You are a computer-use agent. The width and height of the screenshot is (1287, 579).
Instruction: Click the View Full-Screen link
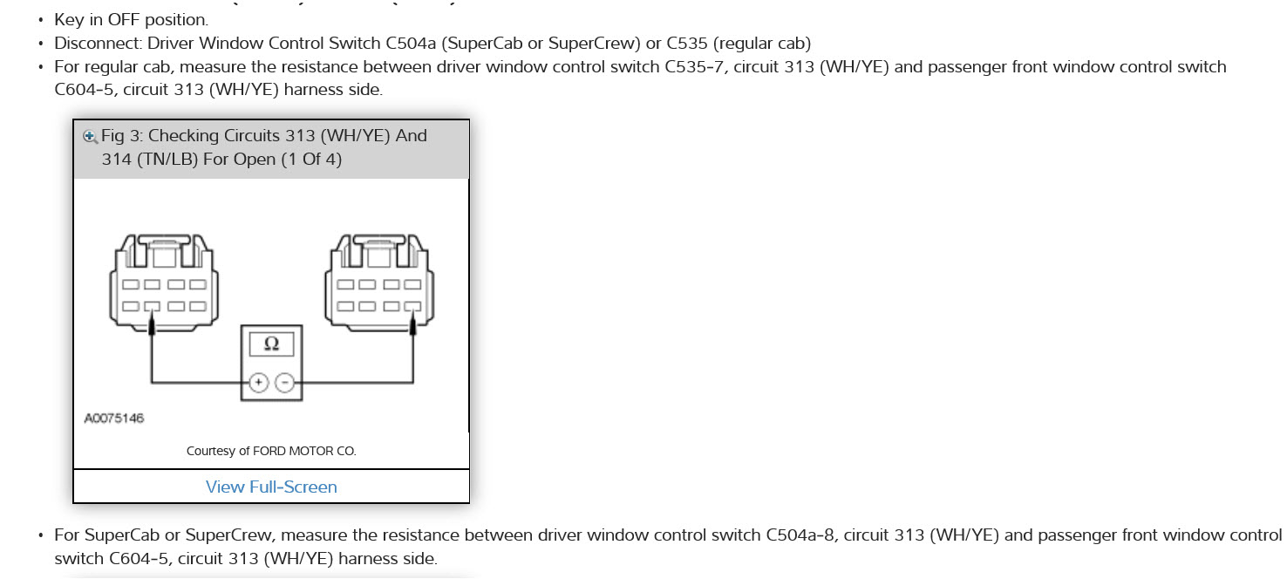point(271,487)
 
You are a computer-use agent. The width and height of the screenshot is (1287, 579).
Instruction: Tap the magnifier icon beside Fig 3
point(89,136)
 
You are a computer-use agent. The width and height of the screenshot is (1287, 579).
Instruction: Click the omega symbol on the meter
point(271,344)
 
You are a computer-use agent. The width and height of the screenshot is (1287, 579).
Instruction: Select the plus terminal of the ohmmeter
point(258,382)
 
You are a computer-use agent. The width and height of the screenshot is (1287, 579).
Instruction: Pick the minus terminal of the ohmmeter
point(284,382)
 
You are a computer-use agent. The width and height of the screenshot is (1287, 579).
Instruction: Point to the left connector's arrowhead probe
point(153,324)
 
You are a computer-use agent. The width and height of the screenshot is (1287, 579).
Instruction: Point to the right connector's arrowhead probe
point(411,324)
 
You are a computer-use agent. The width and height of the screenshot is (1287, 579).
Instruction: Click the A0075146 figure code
point(114,419)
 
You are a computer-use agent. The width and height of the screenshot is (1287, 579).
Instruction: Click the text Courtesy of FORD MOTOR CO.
point(271,451)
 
